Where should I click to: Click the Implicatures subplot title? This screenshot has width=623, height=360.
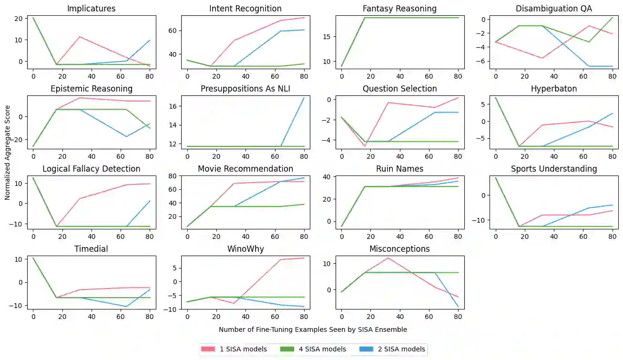(x=91, y=9)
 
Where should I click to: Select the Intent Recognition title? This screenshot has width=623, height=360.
(x=245, y=9)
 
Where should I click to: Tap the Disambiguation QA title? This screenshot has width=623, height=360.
(x=554, y=9)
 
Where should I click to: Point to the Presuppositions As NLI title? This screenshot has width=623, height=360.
(x=245, y=89)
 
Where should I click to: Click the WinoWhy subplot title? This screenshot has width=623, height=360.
(x=245, y=249)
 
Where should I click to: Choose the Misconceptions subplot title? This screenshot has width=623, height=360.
(x=399, y=249)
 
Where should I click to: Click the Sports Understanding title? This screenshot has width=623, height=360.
(x=554, y=169)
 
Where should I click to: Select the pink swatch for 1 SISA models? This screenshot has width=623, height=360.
(x=208, y=349)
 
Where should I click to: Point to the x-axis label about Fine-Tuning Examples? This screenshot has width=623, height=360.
(x=313, y=329)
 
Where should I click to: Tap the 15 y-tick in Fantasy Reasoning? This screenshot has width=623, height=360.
(x=327, y=36)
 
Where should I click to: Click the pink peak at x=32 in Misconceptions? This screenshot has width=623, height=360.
(x=388, y=258)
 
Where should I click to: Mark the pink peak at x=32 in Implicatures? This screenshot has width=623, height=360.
(x=80, y=37)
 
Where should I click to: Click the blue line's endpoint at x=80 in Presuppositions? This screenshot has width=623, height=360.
(x=304, y=98)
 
